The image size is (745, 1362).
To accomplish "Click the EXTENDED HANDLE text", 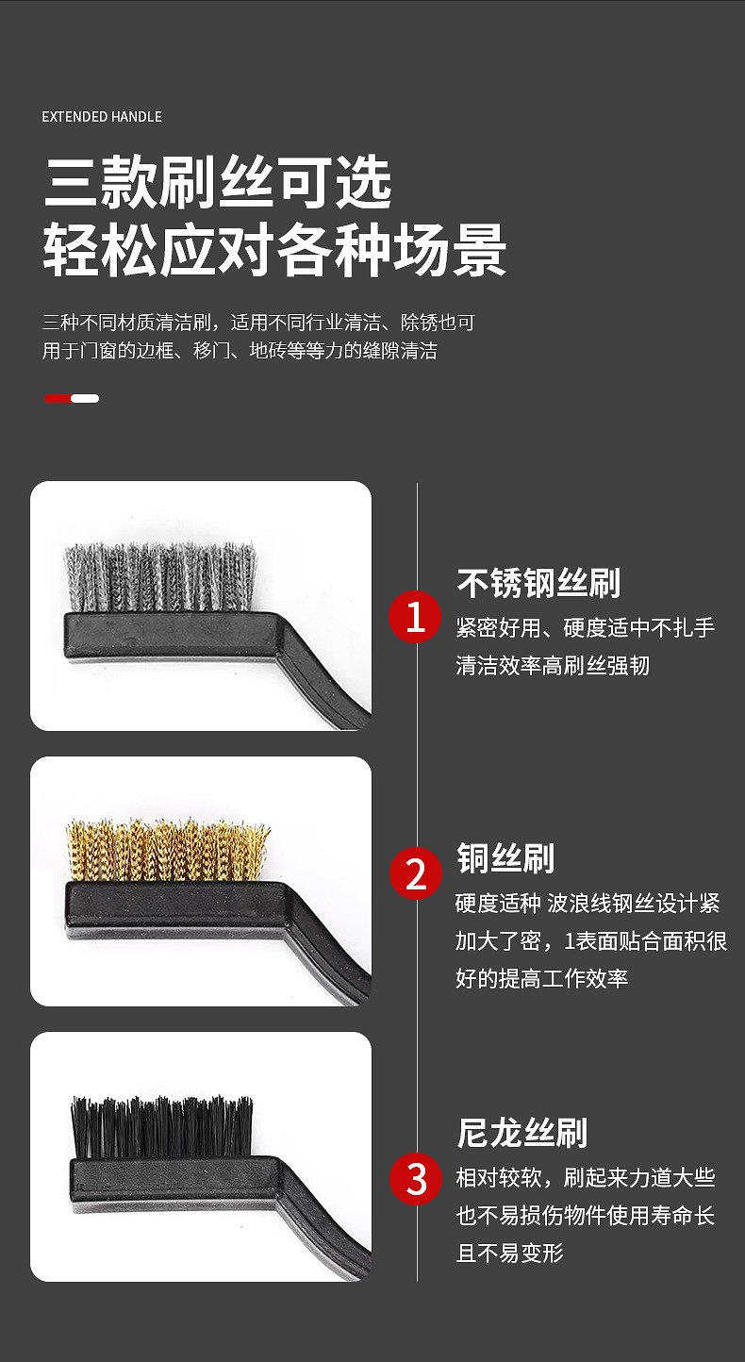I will [x=102, y=117].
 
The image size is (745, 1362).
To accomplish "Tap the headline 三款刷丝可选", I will [x=218, y=184].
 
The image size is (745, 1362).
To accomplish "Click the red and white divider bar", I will [x=72, y=398].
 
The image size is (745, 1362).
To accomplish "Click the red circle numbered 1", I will [x=416, y=618].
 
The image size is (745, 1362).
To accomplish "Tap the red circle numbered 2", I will [x=416, y=873].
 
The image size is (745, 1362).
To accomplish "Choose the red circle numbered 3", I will [x=416, y=1178].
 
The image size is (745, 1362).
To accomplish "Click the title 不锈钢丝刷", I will [x=538, y=583].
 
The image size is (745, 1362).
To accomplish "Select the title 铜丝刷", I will [x=505, y=858].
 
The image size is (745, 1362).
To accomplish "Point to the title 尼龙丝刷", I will [x=521, y=1133].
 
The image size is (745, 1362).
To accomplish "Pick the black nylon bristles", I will [x=162, y=1127].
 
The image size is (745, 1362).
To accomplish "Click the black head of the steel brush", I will [x=170, y=632].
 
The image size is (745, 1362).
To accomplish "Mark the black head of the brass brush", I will [x=170, y=903].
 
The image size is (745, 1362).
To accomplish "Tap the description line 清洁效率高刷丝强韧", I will [x=553, y=666].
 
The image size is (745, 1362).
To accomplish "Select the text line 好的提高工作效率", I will [x=541, y=978].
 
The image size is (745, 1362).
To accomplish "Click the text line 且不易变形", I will [x=509, y=1254].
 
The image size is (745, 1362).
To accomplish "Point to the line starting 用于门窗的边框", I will [x=240, y=352].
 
